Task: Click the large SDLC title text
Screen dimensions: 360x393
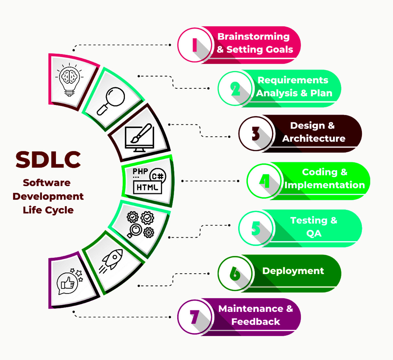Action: point(48,159)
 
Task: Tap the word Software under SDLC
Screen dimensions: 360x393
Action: point(47,183)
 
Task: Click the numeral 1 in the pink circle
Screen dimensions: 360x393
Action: point(195,45)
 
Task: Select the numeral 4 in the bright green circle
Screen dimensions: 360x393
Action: point(264,181)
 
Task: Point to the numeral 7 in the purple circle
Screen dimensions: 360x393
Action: point(195,317)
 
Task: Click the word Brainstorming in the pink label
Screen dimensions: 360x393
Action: point(253,36)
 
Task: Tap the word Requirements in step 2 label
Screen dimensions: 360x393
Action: point(293,80)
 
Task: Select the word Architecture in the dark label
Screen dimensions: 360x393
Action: point(313,138)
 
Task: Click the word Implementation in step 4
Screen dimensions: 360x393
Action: point(324,185)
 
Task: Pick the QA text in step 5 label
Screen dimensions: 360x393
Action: point(313,233)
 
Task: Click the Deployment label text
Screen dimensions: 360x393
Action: point(293,271)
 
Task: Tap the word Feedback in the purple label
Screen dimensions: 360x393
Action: point(255,322)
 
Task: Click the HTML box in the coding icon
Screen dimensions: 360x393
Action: point(147,187)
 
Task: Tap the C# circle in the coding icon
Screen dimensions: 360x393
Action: point(158,177)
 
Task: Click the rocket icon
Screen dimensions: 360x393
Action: point(113,260)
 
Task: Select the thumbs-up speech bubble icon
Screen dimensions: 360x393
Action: point(68,283)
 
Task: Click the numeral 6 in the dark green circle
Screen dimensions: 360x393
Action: point(235,273)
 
